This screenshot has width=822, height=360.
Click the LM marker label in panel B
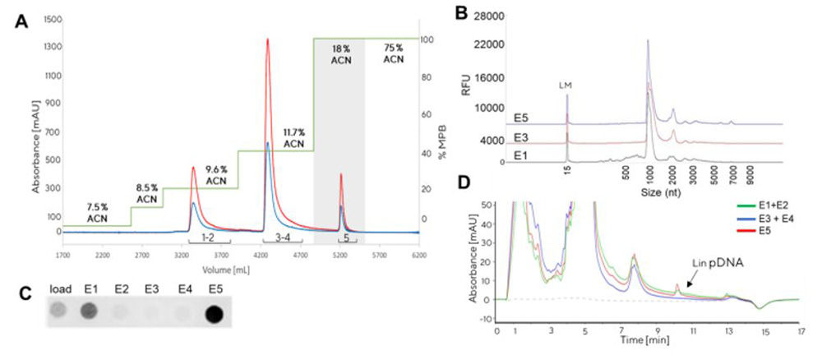point(566,84)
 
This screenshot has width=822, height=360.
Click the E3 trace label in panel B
point(521,136)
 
